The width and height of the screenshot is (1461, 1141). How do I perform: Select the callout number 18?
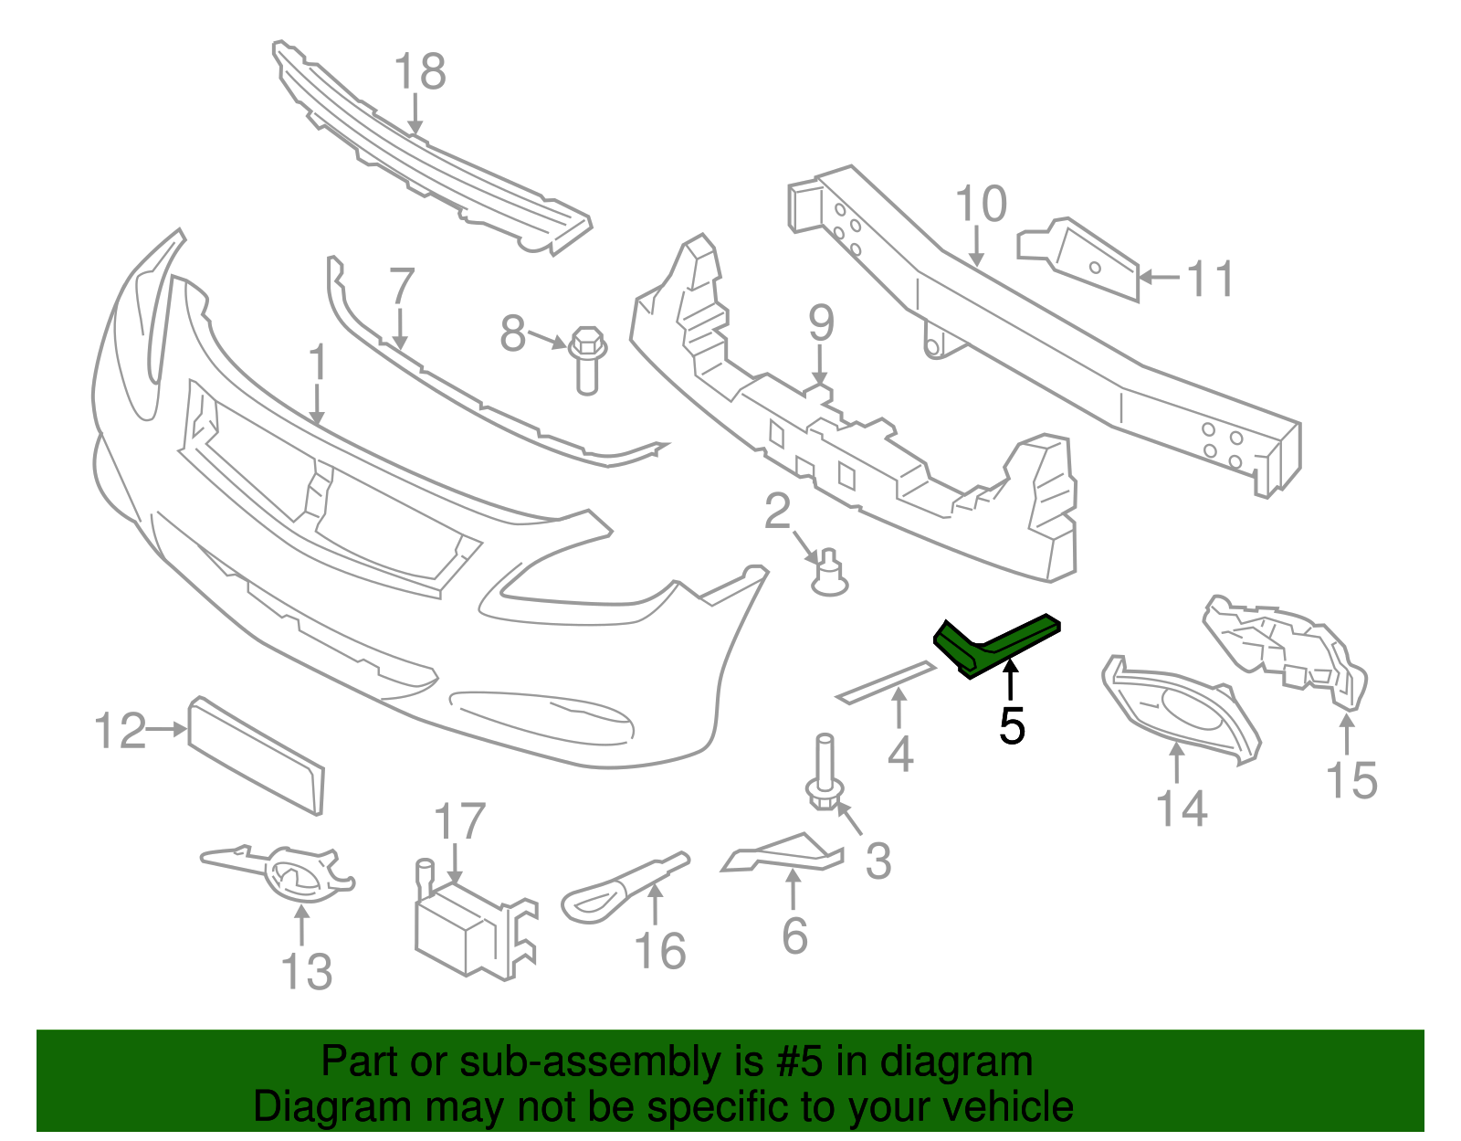420,71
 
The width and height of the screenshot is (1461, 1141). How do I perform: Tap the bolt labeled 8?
587,360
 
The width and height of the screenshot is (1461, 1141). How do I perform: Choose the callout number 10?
981,204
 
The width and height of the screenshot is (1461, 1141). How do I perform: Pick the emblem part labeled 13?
283,872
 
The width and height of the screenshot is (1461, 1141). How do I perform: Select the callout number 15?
1351,780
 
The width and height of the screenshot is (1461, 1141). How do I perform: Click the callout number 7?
401,285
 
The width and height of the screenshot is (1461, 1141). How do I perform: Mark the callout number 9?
821,322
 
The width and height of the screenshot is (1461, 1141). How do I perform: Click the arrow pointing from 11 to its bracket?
1160,276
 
